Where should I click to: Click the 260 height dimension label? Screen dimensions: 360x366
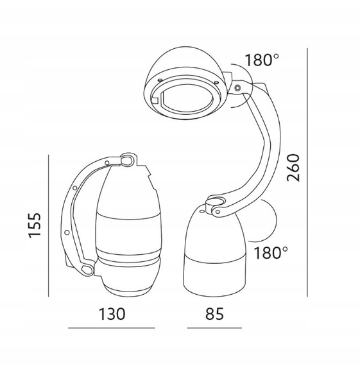coord(293,168)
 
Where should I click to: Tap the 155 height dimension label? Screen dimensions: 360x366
coord(35,225)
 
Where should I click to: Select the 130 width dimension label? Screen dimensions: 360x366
coord(112,314)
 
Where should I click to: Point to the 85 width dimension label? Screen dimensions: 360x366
coord(214,314)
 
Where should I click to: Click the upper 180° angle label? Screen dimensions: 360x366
coord(262,60)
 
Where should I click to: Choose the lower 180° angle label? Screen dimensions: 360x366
coord(271,253)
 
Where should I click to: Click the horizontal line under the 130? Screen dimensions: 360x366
coord(112,328)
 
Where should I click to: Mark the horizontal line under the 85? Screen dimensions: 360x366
coord(214,328)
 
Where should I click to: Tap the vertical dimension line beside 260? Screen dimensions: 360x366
coord(307,173)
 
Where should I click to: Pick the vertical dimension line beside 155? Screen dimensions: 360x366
coord(49,226)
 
